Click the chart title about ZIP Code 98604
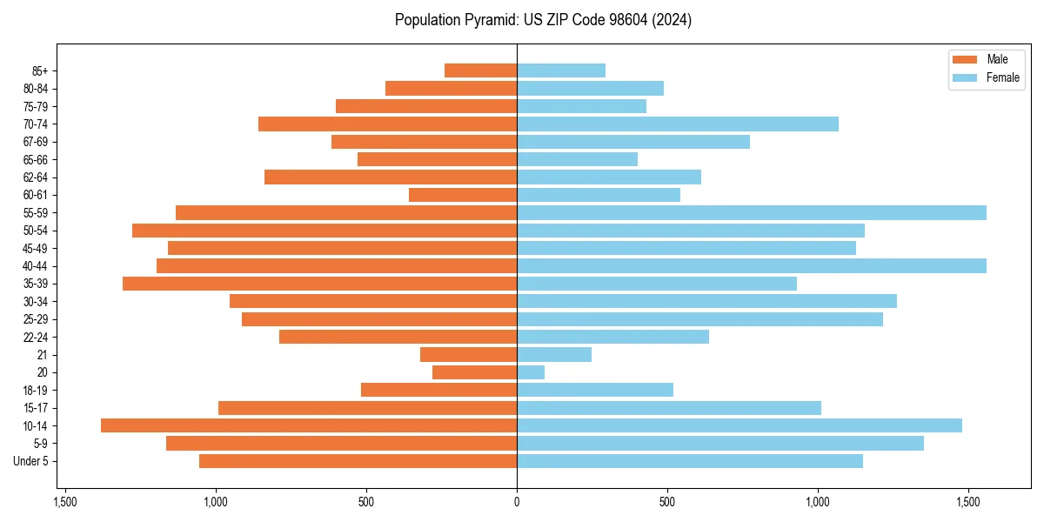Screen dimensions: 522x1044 click(x=543, y=20)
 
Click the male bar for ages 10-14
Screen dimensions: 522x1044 click(x=309, y=425)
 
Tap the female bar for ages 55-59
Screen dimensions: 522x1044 click(x=752, y=212)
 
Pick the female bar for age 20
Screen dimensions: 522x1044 click(x=531, y=372)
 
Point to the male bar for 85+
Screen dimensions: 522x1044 click(x=480, y=70)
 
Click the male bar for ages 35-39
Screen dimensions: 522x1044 click(x=319, y=284)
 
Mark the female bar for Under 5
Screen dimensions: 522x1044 click(x=690, y=461)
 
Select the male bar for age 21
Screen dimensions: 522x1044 click(x=468, y=355)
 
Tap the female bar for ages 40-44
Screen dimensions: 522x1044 click(x=752, y=265)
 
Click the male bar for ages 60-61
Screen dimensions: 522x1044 click(x=463, y=195)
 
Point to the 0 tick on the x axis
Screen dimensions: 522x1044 click(x=517, y=502)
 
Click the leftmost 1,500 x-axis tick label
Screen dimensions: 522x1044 click(x=64, y=502)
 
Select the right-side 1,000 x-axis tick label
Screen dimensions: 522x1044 click(x=818, y=502)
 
